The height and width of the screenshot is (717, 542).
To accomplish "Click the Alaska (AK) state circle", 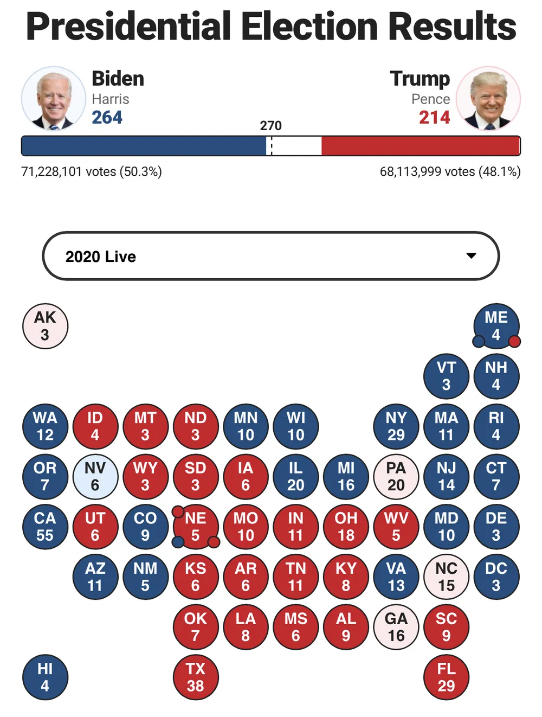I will pos(45,326).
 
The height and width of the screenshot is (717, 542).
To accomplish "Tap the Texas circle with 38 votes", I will pos(196,677).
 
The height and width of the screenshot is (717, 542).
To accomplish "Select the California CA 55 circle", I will pos(45,527).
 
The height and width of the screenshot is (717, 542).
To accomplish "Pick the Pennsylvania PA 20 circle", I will pos(396,476).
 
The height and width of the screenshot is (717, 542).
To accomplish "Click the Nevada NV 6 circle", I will pos(95,476).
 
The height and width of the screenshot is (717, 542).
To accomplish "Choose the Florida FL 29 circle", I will pos(446,677).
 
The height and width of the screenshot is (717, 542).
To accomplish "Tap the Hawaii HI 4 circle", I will pos(45,677).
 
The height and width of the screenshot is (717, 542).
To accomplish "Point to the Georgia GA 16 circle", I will pos(396,627).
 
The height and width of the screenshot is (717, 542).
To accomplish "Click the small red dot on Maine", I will pos(514,341).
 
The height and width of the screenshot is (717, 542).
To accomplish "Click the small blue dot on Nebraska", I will pos(178,541).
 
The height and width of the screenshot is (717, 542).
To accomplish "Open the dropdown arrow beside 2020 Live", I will pos(472,255).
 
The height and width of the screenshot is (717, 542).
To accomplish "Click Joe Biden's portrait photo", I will pos(53,99).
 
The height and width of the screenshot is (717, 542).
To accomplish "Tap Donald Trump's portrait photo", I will pos(488,99).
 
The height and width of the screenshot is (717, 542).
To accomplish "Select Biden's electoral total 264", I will pos(107,117).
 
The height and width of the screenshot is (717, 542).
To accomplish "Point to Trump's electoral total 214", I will pos(434,117).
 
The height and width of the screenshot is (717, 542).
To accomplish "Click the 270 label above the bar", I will pos(270,126).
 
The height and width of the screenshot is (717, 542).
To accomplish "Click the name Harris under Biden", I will pos(111,99).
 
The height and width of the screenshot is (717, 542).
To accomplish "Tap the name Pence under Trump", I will pos(430,99).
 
